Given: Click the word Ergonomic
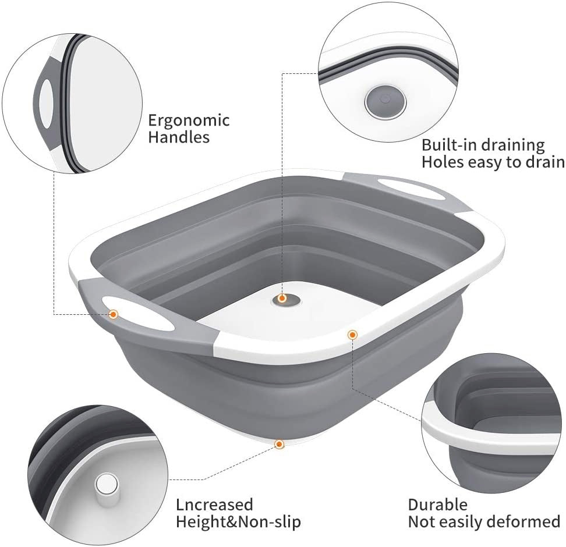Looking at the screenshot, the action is pos(189,120).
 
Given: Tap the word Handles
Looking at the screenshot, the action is pos(179,137).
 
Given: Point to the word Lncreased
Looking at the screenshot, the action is pos(214,505).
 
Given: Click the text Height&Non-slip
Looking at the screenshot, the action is pos(238,522).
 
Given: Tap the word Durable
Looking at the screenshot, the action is pos(437,505).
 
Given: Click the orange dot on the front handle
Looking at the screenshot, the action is pos(114,314).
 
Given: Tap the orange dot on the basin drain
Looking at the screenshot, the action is pos(282,299).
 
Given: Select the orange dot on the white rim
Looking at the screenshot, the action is pos(352,335).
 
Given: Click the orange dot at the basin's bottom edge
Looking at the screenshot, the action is pos(279,444).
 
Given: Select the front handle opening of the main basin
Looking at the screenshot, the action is pos(141,313).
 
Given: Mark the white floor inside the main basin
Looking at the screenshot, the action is pos(289,318).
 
